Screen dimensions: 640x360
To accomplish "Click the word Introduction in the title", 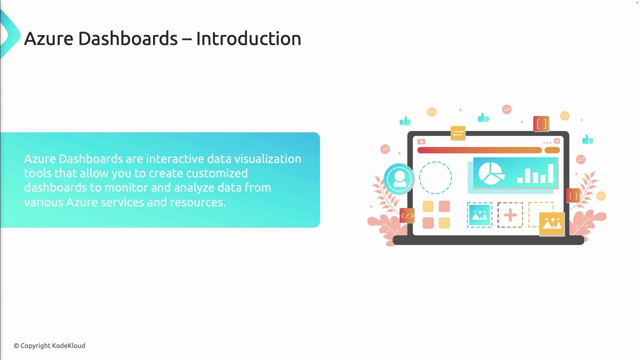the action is click(248, 38).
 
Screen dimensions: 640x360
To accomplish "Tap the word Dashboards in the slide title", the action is click(127, 38).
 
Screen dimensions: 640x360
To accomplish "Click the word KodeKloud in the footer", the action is click(68, 345).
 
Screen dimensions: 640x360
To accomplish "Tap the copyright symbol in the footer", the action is click(16, 346).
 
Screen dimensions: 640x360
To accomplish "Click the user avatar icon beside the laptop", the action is click(399, 179).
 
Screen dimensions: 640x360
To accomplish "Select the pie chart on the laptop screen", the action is click(491, 173).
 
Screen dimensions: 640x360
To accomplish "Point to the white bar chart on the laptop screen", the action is click(535, 173).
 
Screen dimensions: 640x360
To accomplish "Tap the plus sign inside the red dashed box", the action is click(510, 215).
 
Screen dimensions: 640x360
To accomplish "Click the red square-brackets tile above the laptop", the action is click(541, 124).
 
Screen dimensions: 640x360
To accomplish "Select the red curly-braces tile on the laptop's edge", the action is click(573, 195).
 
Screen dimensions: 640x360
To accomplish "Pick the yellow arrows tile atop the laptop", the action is click(458, 133).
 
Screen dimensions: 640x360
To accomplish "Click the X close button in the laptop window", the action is click(557, 141).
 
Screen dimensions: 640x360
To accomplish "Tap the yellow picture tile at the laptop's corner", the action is click(552, 224).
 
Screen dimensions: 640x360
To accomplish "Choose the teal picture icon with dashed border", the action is click(479, 215).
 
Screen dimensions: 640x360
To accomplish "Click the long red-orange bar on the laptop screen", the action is click(479, 150).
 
